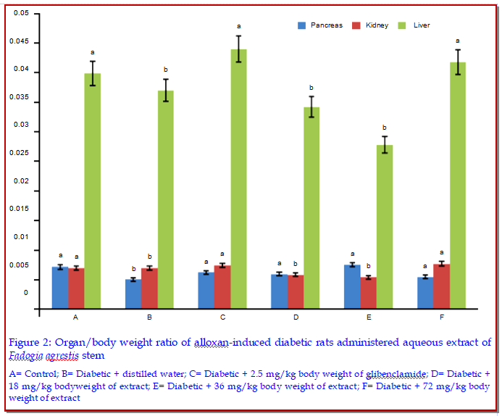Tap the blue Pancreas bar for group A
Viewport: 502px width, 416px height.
tap(60, 288)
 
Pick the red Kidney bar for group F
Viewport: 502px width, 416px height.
tap(442, 286)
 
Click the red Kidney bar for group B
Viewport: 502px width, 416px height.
tap(149, 288)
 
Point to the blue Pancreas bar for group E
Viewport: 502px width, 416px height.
tap(353, 286)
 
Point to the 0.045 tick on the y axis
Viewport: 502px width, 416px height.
tap(21, 42)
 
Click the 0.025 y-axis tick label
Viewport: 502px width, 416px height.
tap(21, 153)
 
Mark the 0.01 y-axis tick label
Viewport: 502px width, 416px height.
tap(23, 236)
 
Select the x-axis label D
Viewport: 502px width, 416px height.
tap(296, 318)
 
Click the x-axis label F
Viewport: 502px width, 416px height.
tap(442, 318)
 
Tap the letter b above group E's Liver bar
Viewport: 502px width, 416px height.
tap(385, 127)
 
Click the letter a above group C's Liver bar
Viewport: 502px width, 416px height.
tap(239, 26)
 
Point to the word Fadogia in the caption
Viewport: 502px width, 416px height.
tap(25, 356)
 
